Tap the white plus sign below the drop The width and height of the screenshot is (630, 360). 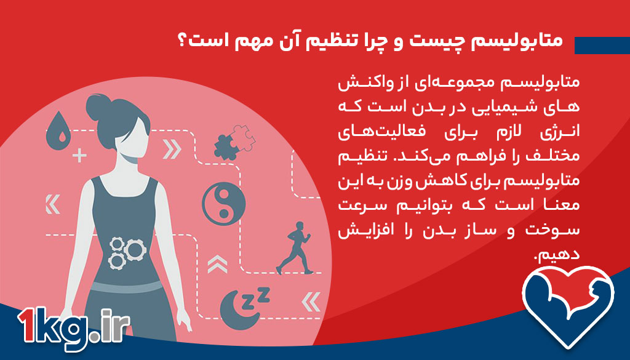coord(79,155)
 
